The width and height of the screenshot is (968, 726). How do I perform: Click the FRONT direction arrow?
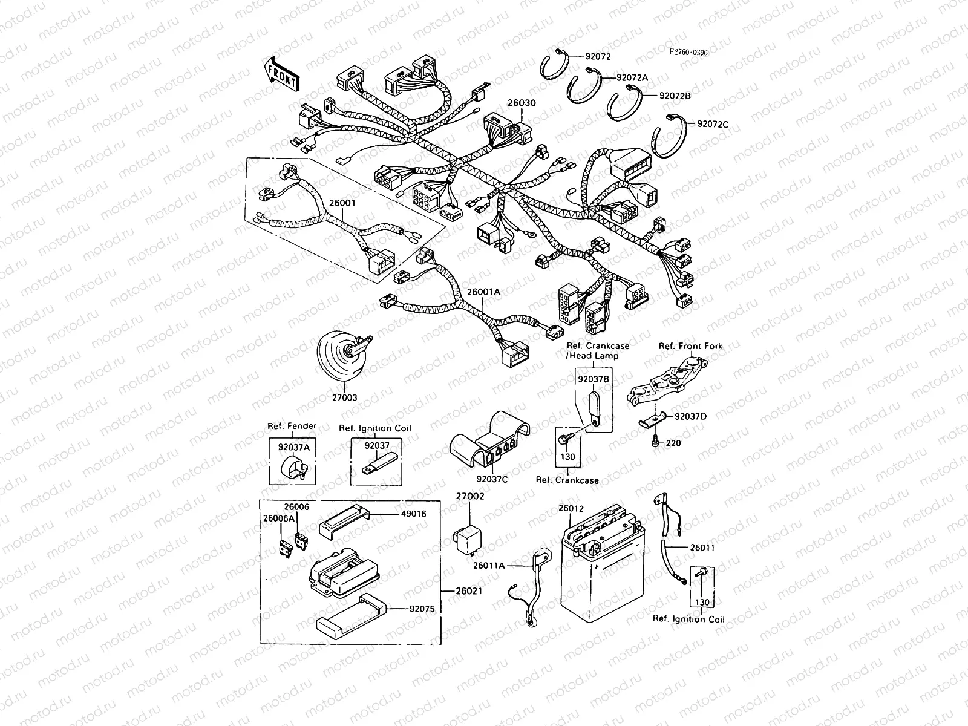click(x=280, y=73)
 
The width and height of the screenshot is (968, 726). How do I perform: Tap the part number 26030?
click(x=522, y=103)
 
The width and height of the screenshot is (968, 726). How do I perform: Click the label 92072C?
click(x=713, y=124)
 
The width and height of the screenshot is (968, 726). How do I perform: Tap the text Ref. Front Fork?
click(x=690, y=346)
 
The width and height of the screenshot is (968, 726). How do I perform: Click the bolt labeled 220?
click(x=656, y=443)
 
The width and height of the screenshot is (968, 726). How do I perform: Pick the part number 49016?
click(x=413, y=514)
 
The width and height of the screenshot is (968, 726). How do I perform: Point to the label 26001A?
click(x=483, y=292)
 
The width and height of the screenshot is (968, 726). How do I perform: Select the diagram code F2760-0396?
click(x=688, y=53)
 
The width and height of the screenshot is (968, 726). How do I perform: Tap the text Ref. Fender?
click(x=292, y=426)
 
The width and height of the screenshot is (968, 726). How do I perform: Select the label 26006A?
click(x=278, y=518)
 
